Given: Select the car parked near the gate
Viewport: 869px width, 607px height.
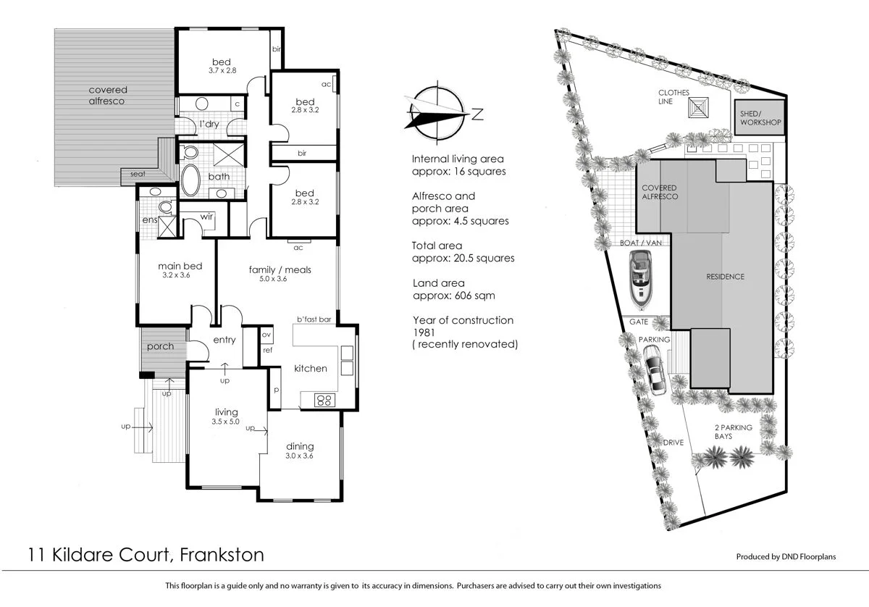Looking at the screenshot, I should pos(657,369).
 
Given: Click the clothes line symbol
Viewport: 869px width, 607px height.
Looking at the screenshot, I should pos(699,108).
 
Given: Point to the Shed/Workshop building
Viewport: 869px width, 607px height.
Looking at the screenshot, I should pos(760,118).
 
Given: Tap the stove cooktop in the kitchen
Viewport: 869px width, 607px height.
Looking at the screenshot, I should pos(323,399).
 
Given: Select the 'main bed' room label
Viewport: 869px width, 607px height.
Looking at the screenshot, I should pos(180,266).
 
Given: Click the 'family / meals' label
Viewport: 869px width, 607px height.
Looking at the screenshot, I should pos(280,270).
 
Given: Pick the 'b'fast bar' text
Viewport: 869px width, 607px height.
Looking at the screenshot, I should pos(314,319).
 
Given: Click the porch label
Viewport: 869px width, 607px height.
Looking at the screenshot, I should pos(160,346).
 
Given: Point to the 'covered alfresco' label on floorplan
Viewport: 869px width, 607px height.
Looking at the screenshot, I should pos(107,96).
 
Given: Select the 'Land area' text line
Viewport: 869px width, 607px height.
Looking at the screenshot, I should pos(440,283).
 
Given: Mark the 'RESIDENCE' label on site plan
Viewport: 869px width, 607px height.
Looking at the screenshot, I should pos(725,277).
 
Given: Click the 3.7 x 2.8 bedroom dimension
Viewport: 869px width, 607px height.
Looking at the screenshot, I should pos(222,70).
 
